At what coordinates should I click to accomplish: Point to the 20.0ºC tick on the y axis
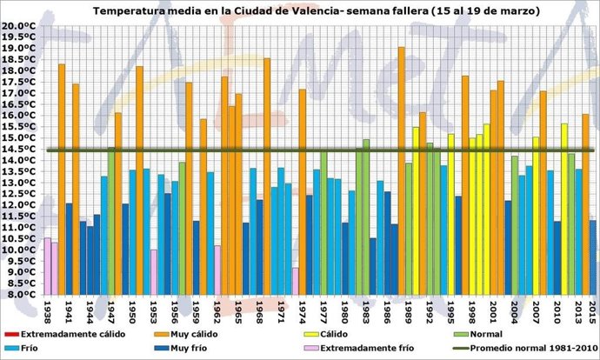20,26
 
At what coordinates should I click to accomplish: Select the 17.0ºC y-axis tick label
20,93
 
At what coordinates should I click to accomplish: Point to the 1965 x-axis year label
238,310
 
